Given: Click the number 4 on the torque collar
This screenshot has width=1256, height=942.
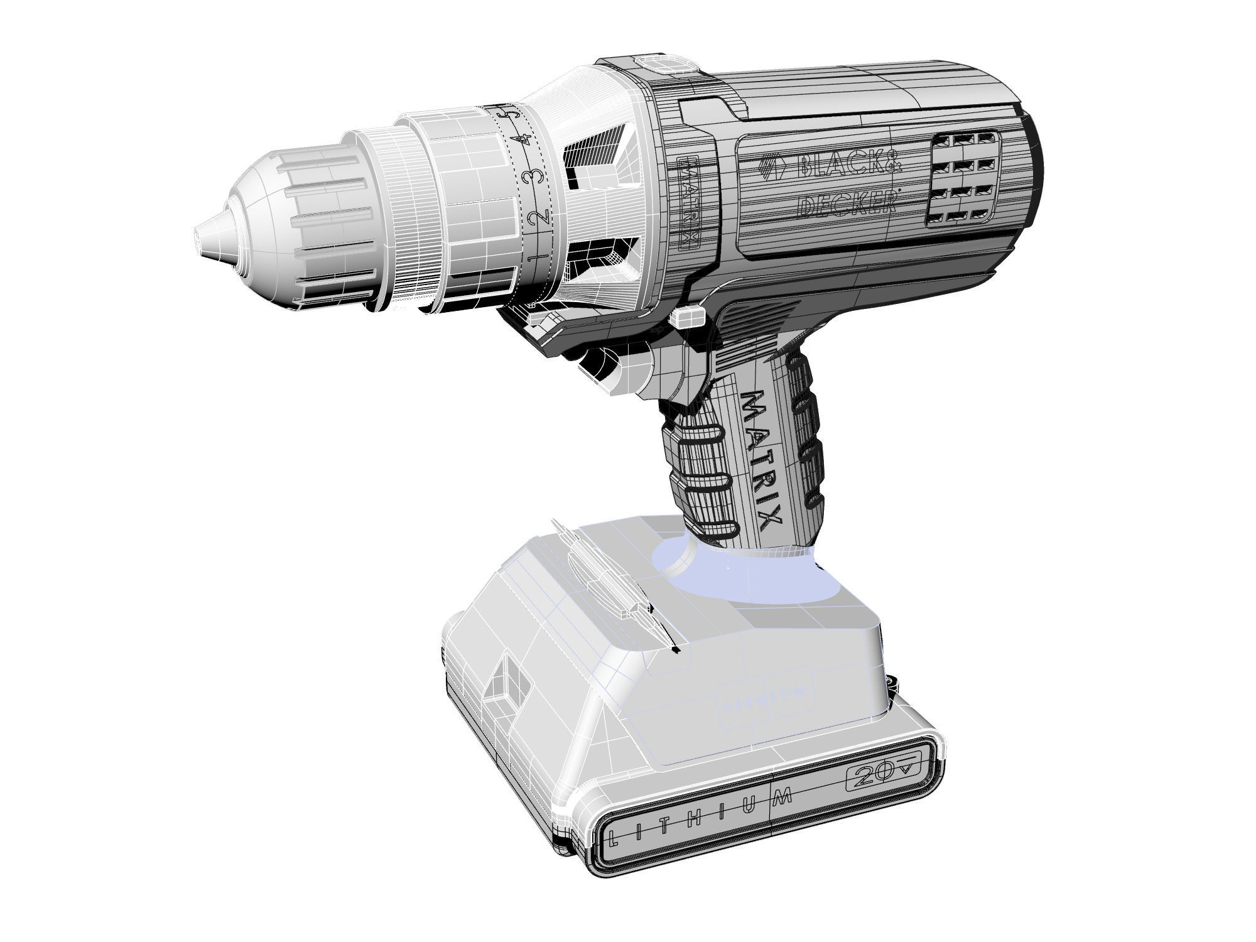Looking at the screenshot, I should point(519,140).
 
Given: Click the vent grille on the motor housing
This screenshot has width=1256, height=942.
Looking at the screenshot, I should point(961,178).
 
